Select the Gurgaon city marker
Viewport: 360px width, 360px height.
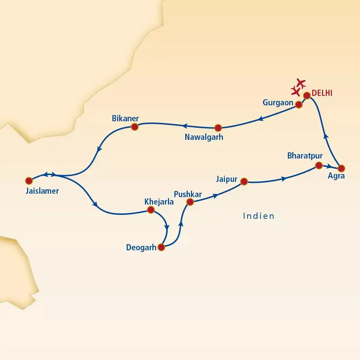[x=298, y=105]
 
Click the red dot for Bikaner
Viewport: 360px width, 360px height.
[x=134, y=127]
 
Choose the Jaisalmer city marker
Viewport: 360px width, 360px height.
[x=29, y=180]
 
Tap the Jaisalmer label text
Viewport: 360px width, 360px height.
[x=42, y=191]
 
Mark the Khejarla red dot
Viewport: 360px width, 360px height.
[x=150, y=210]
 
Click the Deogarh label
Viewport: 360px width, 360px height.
[x=141, y=247]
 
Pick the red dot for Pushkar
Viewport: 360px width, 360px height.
[x=190, y=202]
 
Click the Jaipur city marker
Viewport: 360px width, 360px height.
[x=244, y=182]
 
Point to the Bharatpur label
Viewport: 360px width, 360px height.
[x=305, y=156]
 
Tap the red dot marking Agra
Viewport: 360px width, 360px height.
[x=341, y=168]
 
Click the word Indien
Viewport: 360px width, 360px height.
[x=259, y=216]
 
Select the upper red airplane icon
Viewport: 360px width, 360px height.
[x=300, y=83]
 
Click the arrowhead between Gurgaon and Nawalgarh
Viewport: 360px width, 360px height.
[x=260, y=119]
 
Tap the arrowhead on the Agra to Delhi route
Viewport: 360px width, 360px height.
[x=326, y=136]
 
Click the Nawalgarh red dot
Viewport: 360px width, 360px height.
[x=218, y=128]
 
